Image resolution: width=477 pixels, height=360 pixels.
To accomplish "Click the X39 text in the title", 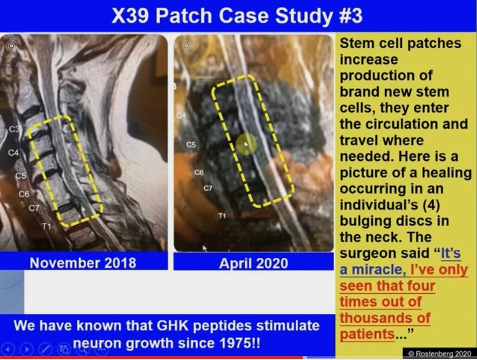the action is [x=130, y=15].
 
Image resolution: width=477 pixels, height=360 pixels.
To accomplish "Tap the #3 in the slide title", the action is [x=351, y=15].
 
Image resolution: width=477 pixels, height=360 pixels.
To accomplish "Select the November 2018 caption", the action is [x=83, y=263].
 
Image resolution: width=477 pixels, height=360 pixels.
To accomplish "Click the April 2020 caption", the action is [x=254, y=263].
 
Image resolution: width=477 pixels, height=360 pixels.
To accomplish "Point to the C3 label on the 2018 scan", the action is [x=14, y=129].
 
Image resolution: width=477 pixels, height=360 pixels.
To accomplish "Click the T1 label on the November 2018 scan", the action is [x=47, y=226].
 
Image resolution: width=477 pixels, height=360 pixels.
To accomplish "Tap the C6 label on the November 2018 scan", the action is [x=24, y=194].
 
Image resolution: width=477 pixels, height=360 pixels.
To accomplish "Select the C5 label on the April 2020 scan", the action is [x=191, y=144].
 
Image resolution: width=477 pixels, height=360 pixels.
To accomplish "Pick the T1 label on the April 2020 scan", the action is [x=222, y=216].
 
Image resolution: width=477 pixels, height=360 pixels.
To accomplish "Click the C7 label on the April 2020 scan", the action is [x=208, y=188].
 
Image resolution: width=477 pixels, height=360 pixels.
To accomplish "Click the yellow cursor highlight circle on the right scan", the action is [x=246, y=144].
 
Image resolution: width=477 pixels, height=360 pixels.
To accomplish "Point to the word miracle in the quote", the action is [x=376, y=270].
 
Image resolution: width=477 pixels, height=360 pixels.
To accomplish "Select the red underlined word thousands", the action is [x=385, y=318].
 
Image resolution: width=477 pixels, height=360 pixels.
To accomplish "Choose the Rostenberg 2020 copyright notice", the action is [x=440, y=354].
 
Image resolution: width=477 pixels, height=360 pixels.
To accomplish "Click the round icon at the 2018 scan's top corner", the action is [x=11, y=46].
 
